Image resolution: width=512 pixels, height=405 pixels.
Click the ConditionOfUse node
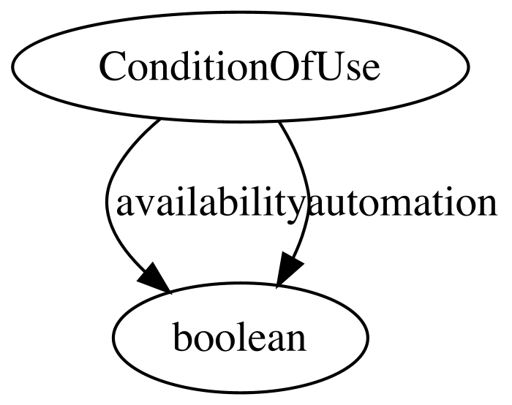[241, 67]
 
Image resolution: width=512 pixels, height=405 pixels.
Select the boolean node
[241, 338]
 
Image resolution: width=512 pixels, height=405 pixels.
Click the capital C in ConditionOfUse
[112, 67]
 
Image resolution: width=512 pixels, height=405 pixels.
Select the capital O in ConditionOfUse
[283, 67]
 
